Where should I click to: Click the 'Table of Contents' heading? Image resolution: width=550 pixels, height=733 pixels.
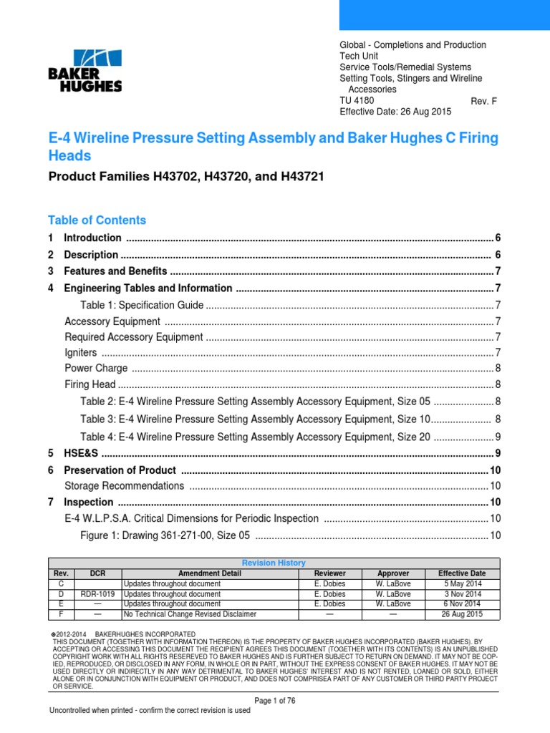pyautogui.click(x=97, y=220)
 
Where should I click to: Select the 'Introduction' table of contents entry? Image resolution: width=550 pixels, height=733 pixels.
pyautogui.click(x=92, y=238)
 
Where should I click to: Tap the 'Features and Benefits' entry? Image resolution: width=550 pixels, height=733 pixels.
pyautogui.click(x=115, y=271)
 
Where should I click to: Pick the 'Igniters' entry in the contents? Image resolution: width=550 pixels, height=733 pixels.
pyautogui.click(x=80, y=352)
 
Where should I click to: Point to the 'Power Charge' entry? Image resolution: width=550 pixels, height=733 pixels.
pyautogui.click(x=96, y=368)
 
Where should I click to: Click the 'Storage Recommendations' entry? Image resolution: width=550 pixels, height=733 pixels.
pyautogui.click(x=125, y=485)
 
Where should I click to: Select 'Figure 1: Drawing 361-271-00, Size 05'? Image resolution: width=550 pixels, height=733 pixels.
pyautogui.click(x=165, y=535)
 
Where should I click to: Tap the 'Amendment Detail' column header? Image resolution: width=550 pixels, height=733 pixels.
pyautogui.click(x=210, y=573)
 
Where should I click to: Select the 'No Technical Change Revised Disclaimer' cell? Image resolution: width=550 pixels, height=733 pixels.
pyautogui.click(x=190, y=613)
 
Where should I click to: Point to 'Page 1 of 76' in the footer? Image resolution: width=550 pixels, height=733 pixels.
pyautogui.click(x=275, y=699)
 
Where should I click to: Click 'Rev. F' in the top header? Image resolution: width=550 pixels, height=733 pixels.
pyautogui.click(x=483, y=101)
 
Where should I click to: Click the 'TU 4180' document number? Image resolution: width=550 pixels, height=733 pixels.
pyautogui.click(x=357, y=101)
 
